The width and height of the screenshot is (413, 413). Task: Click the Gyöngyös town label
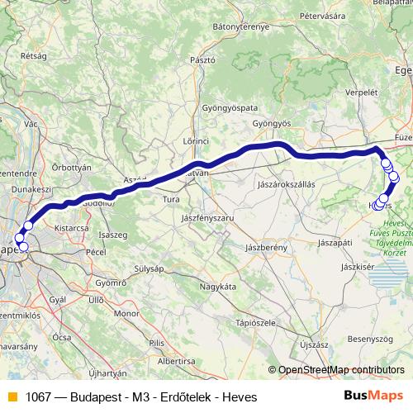tap(273, 124)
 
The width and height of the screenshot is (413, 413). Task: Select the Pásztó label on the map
tap(202, 60)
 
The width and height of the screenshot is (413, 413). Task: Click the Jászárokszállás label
tap(287, 185)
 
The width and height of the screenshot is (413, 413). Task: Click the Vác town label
tap(32, 123)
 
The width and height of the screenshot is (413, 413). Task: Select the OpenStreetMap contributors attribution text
tap(341, 370)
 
